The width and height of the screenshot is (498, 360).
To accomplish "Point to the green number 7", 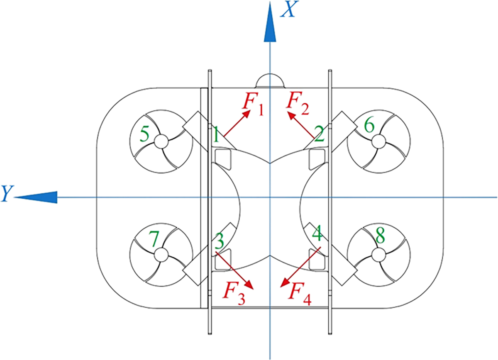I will click(154, 239).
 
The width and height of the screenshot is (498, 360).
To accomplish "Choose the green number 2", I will click(319, 135).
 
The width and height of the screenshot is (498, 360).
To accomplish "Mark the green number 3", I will click(220, 239).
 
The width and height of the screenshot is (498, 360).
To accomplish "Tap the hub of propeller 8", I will click(378, 253).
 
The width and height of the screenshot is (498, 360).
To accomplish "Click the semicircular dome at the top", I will click(270, 81).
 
